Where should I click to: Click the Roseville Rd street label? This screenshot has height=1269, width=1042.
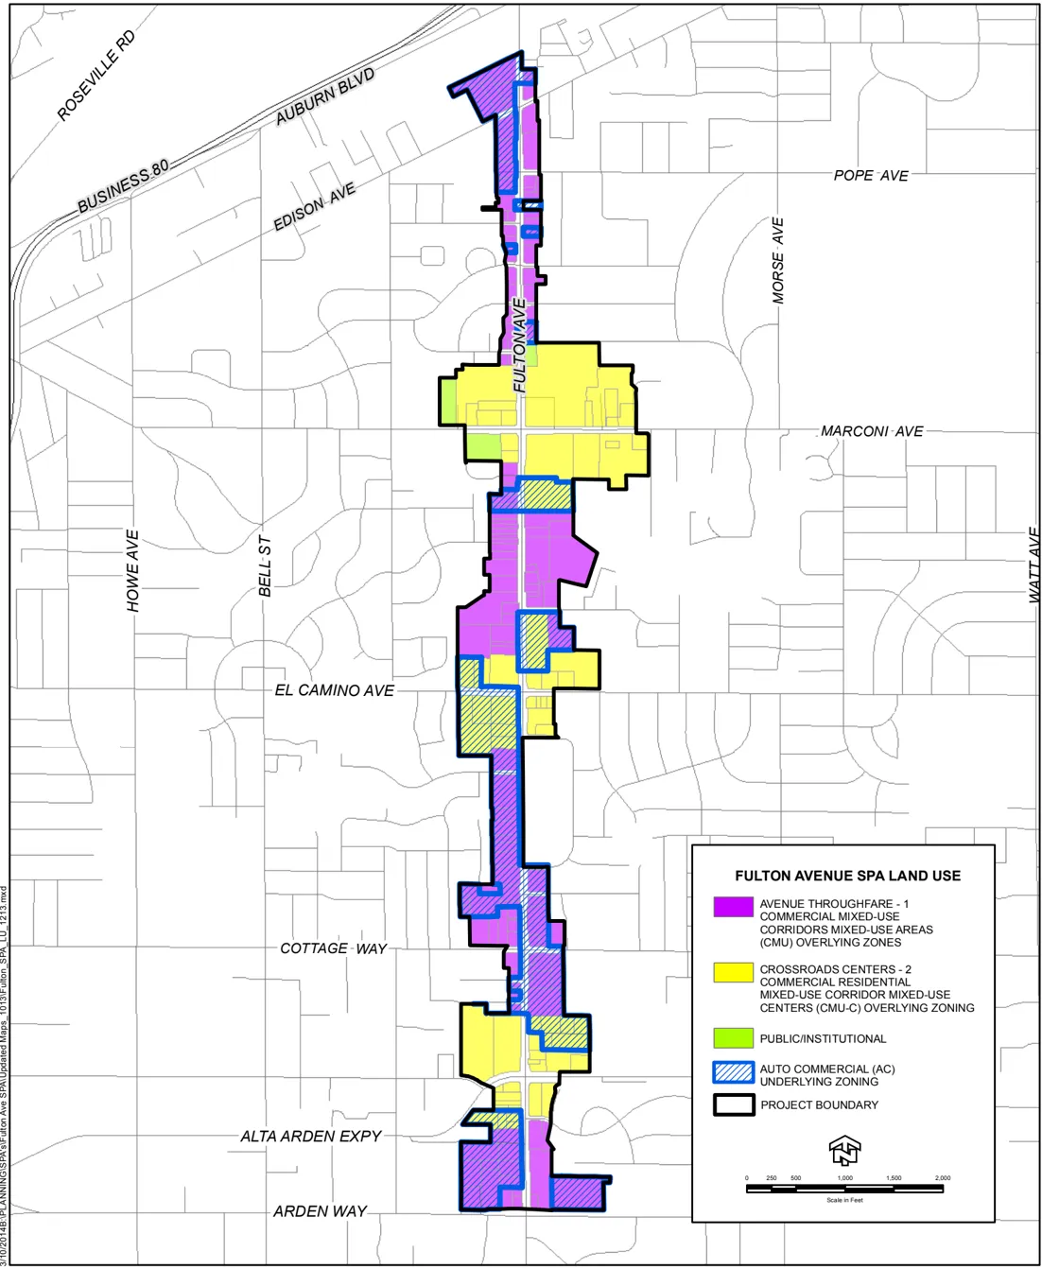pos(96,76)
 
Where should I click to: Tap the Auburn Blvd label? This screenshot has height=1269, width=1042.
pos(324,96)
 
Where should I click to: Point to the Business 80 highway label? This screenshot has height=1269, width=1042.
pos(123,186)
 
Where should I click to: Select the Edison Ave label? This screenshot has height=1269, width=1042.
pos(314,207)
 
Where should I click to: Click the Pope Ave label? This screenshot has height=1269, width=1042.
pos(870,176)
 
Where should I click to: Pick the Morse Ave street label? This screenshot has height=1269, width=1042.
pos(777,261)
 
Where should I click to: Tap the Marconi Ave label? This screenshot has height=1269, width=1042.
pos(871,431)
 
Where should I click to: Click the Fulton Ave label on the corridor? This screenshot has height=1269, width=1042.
pos(519,345)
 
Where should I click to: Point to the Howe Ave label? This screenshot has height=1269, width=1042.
pos(133,570)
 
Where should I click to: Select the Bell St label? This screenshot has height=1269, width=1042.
pos(266,566)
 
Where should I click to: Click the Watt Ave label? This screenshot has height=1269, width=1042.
pos(1034,565)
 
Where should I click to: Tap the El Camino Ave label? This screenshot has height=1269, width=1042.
pos(334,691)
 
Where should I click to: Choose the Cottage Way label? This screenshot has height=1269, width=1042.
pos(333,948)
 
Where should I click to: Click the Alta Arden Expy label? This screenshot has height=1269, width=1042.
pos(310,1137)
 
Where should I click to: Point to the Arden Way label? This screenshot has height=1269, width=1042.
pos(320,1211)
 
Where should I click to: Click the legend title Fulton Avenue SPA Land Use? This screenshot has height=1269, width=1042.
pos(847,876)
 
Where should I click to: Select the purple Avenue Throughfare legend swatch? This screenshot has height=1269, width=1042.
pos(733,906)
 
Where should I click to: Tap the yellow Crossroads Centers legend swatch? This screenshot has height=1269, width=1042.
pos(733,972)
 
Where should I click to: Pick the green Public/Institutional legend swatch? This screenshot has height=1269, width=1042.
pos(733,1038)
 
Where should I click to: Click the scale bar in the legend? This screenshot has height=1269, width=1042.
pos(844,1188)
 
